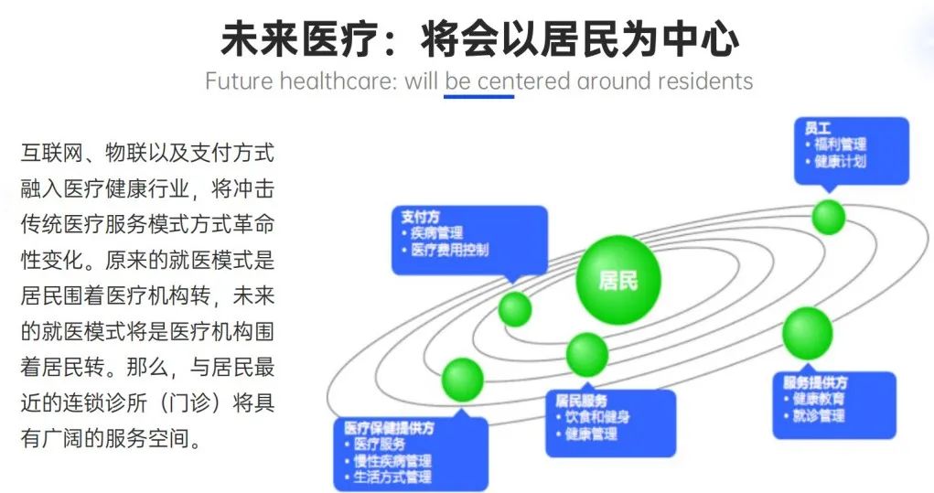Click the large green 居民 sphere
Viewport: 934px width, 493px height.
[618, 279]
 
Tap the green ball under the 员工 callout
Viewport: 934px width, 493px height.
[829, 217]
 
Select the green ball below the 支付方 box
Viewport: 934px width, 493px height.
[515, 308]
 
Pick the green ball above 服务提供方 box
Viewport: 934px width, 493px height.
[807, 333]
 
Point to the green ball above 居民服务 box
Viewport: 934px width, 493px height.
[586, 354]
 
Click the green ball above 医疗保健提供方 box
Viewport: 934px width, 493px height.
[463, 380]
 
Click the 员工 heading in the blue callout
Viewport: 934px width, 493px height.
[817, 128]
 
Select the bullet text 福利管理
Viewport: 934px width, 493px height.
[840, 145]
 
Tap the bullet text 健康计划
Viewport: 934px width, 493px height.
[840, 161]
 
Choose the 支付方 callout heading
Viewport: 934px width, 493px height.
[420, 218]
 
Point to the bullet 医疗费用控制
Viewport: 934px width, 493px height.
[450, 250]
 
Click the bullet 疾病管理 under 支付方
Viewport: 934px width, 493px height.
[436, 233]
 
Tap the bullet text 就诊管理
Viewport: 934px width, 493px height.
[819, 415]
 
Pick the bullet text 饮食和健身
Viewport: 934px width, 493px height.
[597, 417]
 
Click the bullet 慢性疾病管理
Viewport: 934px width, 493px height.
[392, 461]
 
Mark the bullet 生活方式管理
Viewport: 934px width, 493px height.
[392, 477]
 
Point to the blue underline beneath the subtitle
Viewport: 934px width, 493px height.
[479, 96]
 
